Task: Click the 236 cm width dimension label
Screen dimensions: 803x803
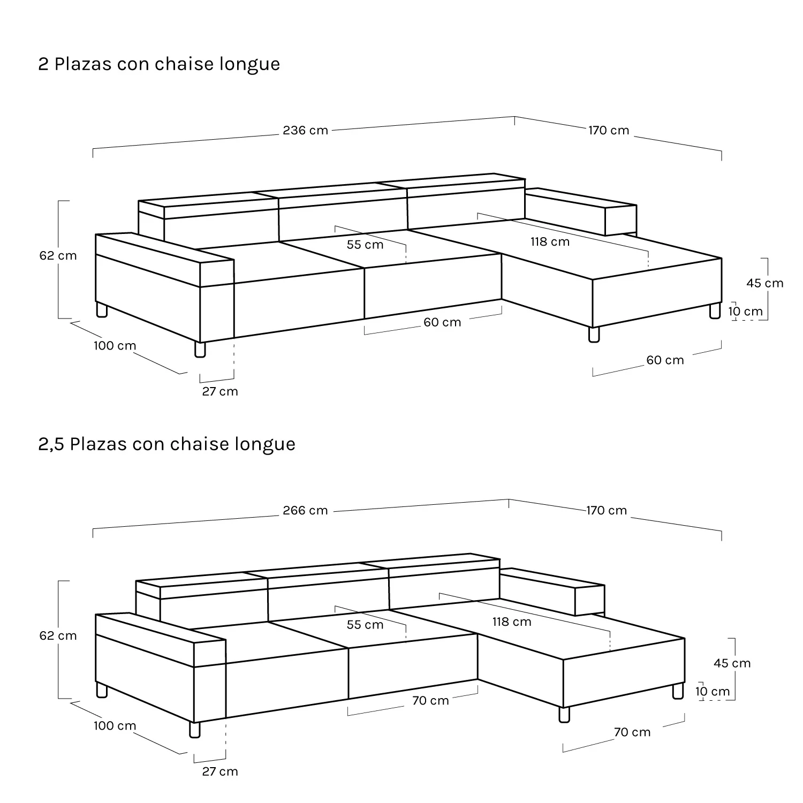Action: (305, 130)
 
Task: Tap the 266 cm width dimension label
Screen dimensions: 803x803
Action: (305, 510)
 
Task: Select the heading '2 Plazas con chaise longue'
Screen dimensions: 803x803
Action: (159, 64)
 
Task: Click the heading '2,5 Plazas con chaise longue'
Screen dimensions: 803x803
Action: (166, 444)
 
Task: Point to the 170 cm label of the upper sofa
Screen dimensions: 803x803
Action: (609, 130)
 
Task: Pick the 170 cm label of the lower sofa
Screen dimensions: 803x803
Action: (607, 510)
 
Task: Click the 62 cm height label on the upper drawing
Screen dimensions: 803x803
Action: (58, 255)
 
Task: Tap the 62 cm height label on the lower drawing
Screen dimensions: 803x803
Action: (58, 635)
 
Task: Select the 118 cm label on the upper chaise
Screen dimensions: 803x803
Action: (550, 241)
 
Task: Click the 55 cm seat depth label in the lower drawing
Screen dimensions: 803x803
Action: (365, 625)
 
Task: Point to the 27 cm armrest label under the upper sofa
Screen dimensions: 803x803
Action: (220, 391)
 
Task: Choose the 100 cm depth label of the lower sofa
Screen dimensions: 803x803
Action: (115, 726)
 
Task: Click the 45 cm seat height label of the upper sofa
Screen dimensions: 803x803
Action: (765, 283)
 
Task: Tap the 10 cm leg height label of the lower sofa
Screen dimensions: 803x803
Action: (713, 691)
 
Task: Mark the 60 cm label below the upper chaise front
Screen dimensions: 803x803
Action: (665, 360)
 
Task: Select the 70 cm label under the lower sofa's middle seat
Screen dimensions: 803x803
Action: (430, 701)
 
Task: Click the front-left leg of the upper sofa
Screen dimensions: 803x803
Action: (200, 350)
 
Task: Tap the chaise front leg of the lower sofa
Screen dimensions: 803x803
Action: (564, 715)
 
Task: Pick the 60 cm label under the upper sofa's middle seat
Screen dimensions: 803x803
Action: (442, 322)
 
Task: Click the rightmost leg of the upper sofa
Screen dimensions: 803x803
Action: (715, 312)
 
